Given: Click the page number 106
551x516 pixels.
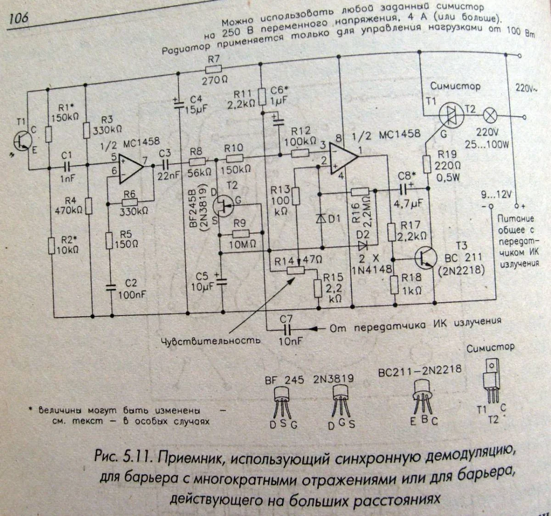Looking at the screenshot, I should (x=19, y=18).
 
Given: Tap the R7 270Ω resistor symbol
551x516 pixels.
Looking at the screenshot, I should (x=214, y=69).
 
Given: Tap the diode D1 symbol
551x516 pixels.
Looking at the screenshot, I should (x=320, y=219).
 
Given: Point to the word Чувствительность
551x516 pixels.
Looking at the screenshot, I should (x=211, y=340).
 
